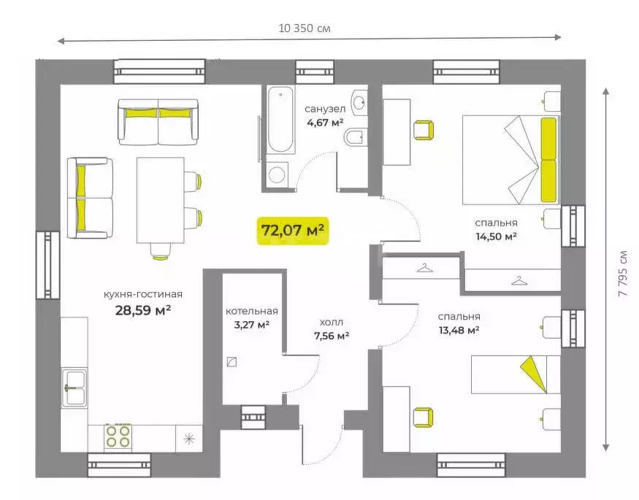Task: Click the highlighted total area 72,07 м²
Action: click(293, 231)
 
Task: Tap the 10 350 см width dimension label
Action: click(305, 28)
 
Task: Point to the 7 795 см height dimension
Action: click(623, 273)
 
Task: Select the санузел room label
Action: click(325, 109)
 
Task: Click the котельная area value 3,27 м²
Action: click(251, 325)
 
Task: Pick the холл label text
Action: click(332, 322)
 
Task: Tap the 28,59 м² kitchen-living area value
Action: click(142, 310)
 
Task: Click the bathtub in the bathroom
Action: click(280, 120)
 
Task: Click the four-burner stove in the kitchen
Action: click(118, 436)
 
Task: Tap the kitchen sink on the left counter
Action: click(74, 388)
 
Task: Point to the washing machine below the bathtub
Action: click(277, 174)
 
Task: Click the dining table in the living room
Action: click(160, 200)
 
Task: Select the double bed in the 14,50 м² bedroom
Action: click(511, 160)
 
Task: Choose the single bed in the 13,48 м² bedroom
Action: click(516, 374)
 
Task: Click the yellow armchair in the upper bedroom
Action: click(424, 130)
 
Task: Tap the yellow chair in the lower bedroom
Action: click(424, 418)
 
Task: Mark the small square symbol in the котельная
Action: click(232, 361)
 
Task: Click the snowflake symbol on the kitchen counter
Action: click(188, 439)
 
